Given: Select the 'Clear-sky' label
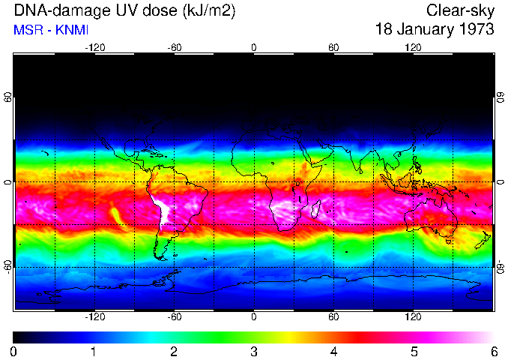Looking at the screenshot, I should (x=460, y=10).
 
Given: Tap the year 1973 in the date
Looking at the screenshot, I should (x=476, y=30).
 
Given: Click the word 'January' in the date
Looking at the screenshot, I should (x=423, y=30).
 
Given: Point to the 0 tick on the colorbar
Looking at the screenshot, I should (x=14, y=350).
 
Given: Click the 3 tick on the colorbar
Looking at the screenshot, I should (x=254, y=350).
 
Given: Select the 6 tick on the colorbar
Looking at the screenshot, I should (x=493, y=350).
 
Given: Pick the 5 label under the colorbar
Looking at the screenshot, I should (x=414, y=350).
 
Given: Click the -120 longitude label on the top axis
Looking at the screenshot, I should (x=94, y=47).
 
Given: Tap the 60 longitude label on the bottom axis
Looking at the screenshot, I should (x=333, y=317).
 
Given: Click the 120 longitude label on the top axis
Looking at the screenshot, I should (x=413, y=47).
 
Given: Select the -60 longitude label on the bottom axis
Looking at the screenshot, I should (x=174, y=317).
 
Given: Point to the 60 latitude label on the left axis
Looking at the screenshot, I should (x=7, y=97).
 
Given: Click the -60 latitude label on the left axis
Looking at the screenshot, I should (x=7, y=267).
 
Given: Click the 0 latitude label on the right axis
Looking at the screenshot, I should (x=500, y=182).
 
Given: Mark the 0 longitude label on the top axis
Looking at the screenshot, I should (x=254, y=47).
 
